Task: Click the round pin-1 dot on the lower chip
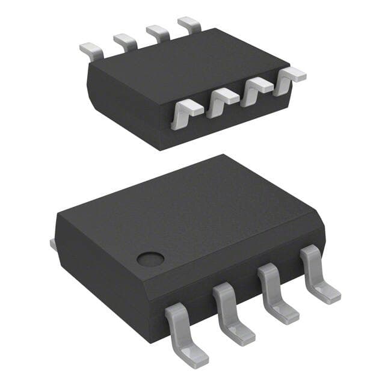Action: coord(150,259)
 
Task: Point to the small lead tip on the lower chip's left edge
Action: coord(52,244)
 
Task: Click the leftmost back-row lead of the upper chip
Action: coord(91,50)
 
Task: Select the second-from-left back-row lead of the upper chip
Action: coord(125,42)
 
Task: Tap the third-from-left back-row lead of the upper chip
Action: coord(158,33)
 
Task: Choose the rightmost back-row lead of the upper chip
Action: coord(189,25)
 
